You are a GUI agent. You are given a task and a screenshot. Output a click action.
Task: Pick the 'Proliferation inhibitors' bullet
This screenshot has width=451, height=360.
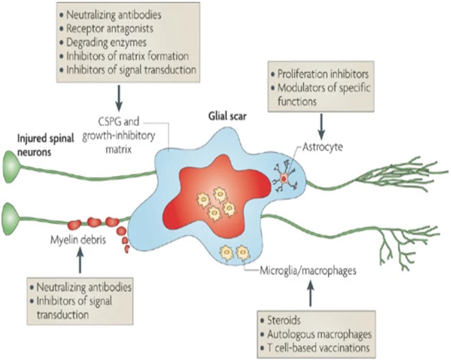(x=323, y=73)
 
